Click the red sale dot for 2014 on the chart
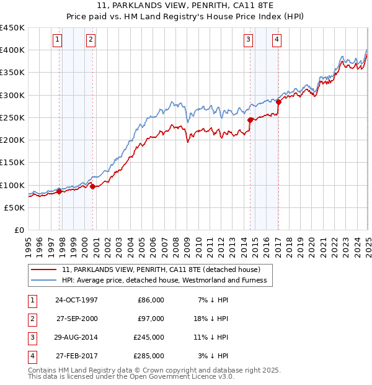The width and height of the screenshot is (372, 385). (250, 120)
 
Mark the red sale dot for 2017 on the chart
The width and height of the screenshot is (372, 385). (278, 102)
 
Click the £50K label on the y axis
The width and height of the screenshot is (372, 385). (15, 207)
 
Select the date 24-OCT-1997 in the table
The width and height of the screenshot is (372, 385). (76, 301)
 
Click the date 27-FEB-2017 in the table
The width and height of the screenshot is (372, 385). (76, 356)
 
